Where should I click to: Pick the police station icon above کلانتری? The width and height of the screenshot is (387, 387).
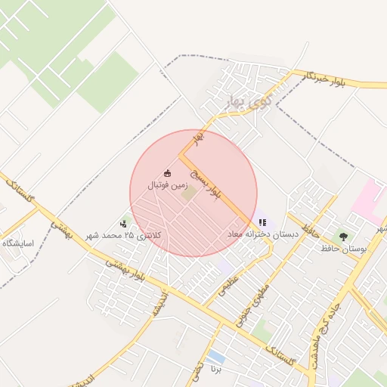[124, 224]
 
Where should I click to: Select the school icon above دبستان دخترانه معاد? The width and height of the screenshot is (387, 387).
[262, 223]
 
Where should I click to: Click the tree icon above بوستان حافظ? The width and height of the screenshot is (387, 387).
[344, 236]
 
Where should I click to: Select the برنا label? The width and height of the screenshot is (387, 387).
[216, 370]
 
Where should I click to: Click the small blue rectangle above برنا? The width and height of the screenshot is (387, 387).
[216, 355]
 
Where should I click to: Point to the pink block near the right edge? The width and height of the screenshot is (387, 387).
[368, 199]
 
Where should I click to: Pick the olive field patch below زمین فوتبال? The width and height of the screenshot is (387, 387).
[187, 193]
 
